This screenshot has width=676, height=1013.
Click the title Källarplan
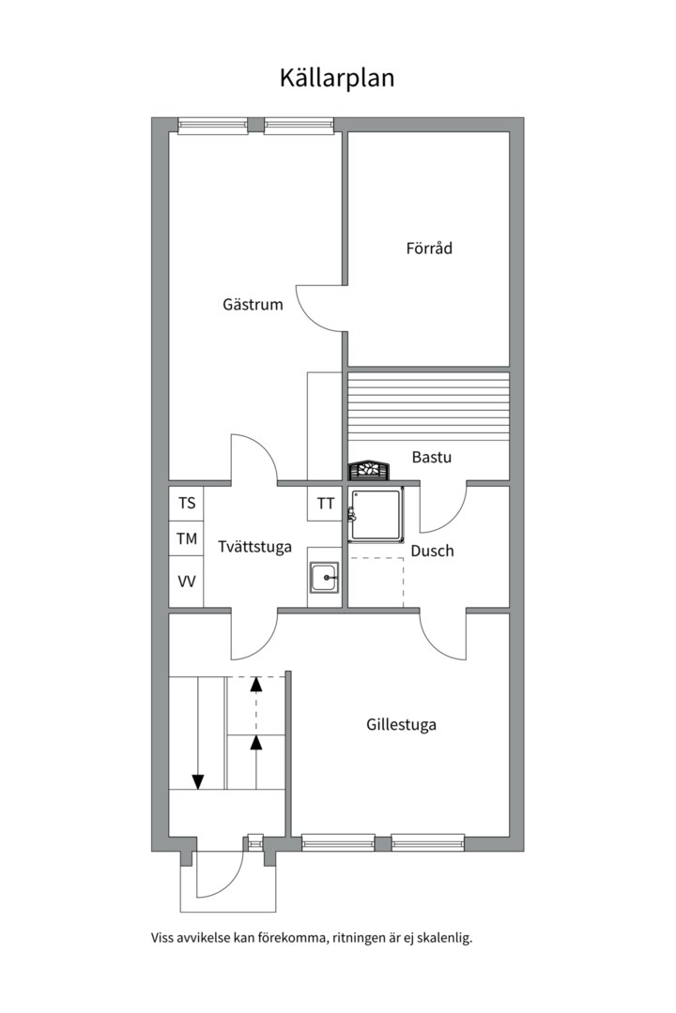[337, 78]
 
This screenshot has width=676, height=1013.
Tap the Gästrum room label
[253, 304]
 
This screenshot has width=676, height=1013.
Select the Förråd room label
[429, 248]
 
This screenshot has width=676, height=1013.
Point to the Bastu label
[432, 458]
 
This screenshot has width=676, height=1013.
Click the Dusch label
[432, 552]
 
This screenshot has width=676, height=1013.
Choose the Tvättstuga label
[254, 547]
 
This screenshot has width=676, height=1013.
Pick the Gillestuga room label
[401, 725]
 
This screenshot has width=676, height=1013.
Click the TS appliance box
[186, 503]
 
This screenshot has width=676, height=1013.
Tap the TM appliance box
[186, 537]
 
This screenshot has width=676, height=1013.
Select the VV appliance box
[186, 582]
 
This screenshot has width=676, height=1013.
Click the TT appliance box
[325, 503]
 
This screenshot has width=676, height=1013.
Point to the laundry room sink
[324, 578]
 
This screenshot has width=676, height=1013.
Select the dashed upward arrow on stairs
[257, 705]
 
